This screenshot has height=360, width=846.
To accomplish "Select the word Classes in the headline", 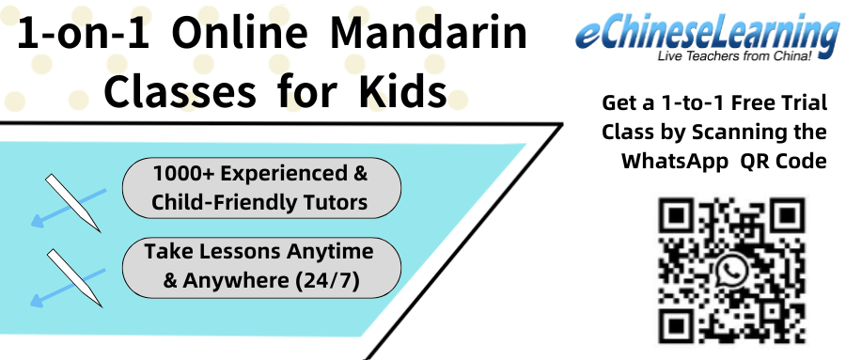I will tap(179, 92).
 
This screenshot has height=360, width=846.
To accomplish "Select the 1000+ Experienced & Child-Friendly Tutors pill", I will tap(261, 188).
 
